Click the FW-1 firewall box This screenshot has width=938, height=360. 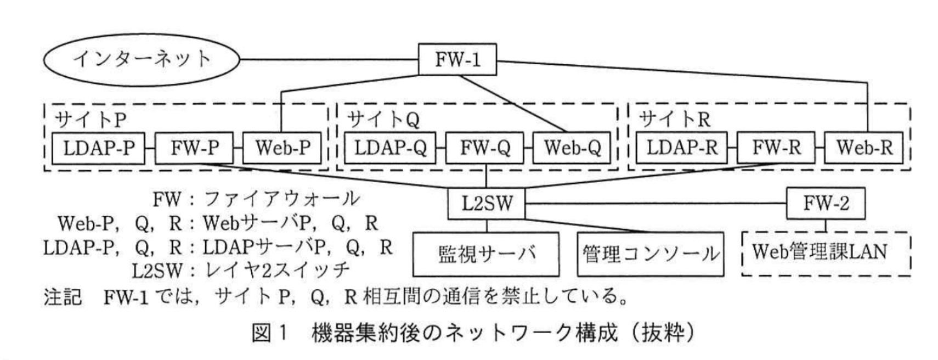[457, 59]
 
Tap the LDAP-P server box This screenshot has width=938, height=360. [98, 148]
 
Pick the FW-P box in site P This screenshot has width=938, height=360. [194, 148]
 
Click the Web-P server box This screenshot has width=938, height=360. [282, 148]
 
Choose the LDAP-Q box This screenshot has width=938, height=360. [390, 148]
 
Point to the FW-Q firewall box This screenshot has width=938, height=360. [485, 148]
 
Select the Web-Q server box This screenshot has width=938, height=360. [572, 148]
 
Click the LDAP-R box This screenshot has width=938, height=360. [681, 148]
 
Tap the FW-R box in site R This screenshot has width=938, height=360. [776, 148]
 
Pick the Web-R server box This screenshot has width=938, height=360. [864, 148]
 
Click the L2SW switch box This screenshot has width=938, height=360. [486, 204]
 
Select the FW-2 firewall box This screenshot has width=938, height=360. [826, 204]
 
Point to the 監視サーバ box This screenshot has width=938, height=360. [486, 254]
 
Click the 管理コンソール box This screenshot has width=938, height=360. [650, 254]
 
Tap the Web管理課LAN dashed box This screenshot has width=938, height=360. [826, 253]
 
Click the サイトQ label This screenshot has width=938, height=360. [383, 119]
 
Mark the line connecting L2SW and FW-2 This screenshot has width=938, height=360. [656, 204]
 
